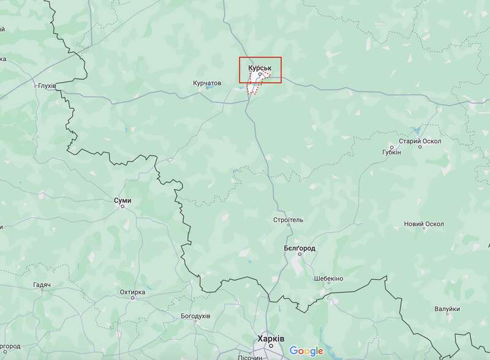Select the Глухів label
[47, 86]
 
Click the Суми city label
[123, 200]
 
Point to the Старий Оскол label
[420, 141]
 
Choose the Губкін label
[391, 151]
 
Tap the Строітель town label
[288, 219]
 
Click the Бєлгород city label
[300, 248]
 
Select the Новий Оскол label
[424, 224]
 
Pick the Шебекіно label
[328, 279]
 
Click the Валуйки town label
[447, 310]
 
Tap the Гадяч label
[42, 285]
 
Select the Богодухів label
[195, 317]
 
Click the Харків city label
[271, 338]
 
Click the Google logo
[306, 351]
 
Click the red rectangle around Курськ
[281, 70]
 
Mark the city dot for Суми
[123, 206]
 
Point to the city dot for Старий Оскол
[420, 147]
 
